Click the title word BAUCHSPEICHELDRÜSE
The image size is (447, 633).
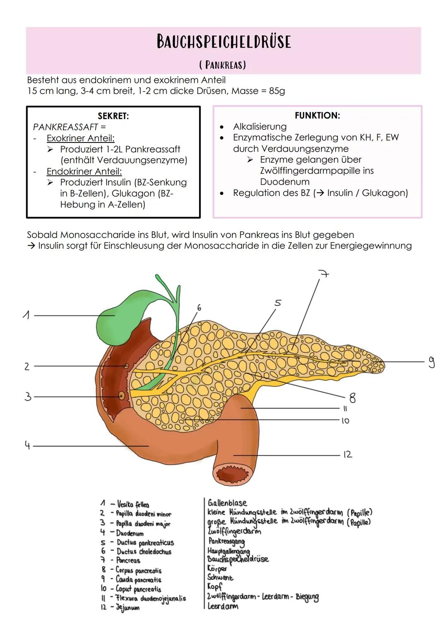point(223,41)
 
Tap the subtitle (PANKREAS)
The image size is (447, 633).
point(223,65)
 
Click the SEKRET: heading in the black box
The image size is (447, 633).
point(113,116)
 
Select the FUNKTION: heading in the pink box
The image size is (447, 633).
point(317,116)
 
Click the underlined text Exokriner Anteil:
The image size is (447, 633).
point(80,138)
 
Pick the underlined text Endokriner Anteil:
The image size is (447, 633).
point(84,171)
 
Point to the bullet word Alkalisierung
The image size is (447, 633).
point(260,127)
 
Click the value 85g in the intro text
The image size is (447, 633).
point(276,91)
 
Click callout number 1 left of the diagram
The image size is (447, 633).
point(26,316)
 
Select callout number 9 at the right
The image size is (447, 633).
point(431,362)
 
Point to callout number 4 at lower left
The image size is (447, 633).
point(27,446)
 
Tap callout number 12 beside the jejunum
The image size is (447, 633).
point(347,454)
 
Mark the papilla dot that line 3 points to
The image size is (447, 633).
point(121,396)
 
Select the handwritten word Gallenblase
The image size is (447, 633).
point(227,503)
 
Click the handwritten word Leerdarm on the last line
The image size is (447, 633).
point(223,606)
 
